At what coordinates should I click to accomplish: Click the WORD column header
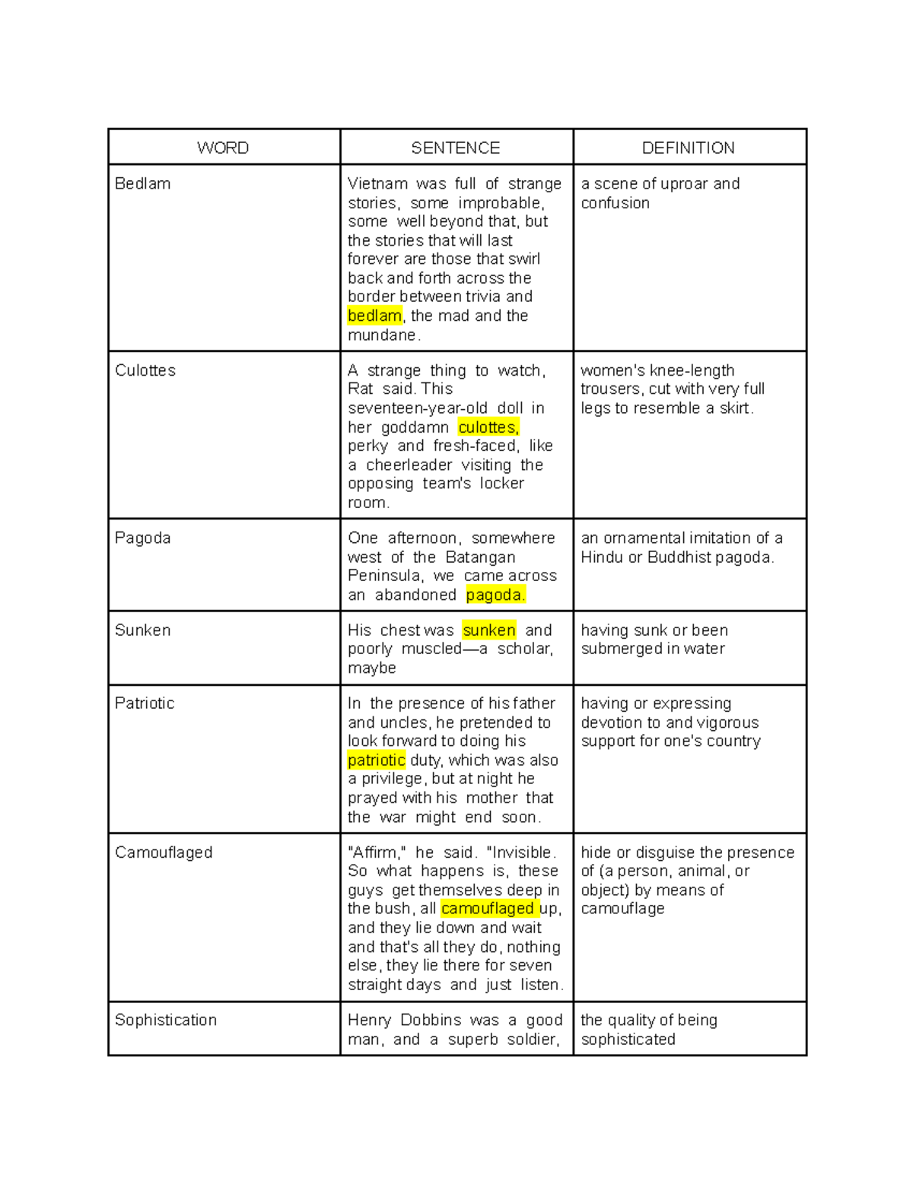coord(223,148)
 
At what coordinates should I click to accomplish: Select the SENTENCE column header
coord(456,148)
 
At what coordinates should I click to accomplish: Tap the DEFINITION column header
coord(689,148)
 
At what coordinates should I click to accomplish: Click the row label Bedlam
coord(142,183)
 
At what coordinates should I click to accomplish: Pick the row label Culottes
coord(145,370)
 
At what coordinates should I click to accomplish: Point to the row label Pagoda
coord(142,538)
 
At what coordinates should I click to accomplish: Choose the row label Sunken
coord(142,630)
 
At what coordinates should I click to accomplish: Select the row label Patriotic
coord(145,703)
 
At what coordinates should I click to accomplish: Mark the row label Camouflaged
coord(164,852)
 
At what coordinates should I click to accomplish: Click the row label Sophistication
coord(166,1020)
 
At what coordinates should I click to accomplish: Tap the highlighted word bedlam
coord(374,316)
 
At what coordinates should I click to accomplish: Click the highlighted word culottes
coord(488,427)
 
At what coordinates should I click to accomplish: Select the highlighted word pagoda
coord(495,595)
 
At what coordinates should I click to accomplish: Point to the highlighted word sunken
coord(489,630)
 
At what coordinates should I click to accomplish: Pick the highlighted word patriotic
coord(376,760)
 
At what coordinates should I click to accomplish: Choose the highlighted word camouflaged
coord(488,909)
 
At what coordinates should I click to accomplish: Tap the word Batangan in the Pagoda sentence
coord(480,557)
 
